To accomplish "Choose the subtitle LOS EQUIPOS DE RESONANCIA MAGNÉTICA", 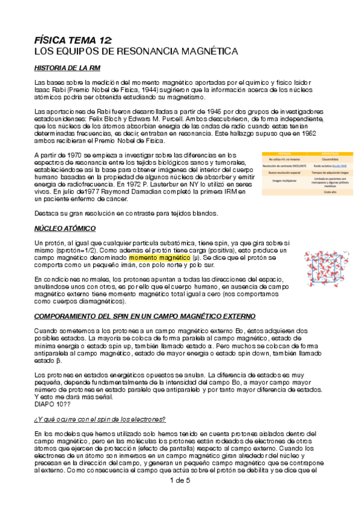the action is coord(136,52).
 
